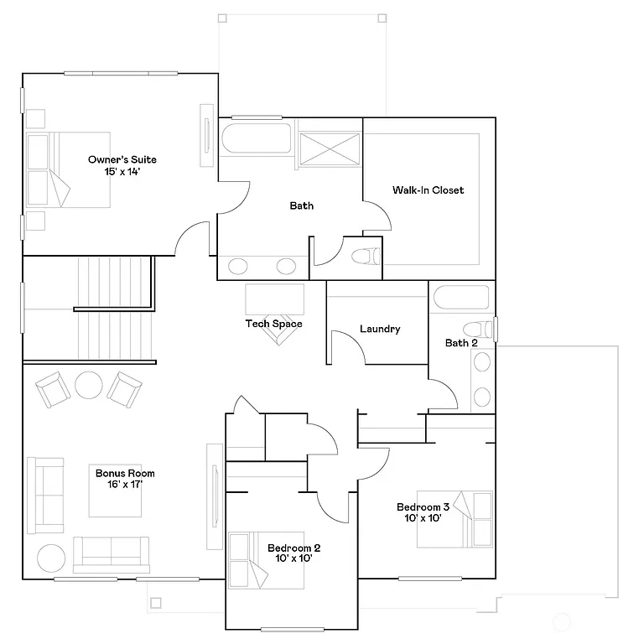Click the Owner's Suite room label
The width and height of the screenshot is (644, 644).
(122, 164)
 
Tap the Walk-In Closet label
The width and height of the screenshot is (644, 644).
(428, 190)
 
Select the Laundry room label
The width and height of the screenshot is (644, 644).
(379, 330)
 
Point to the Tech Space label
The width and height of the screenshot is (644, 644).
(273, 324)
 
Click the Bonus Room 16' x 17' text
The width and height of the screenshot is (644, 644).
(124, 479)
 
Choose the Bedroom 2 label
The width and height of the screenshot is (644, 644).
(293, 553)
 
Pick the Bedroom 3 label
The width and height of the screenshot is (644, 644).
(423, 512)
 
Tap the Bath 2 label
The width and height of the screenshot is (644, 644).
(461, 343)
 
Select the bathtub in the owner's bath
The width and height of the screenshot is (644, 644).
(256, 140)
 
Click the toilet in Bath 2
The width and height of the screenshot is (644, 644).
(479, 329)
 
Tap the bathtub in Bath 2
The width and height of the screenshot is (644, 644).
(462, 299)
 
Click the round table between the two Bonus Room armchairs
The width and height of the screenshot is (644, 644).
(88, 385)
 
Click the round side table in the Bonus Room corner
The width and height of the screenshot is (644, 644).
(50, 558)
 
